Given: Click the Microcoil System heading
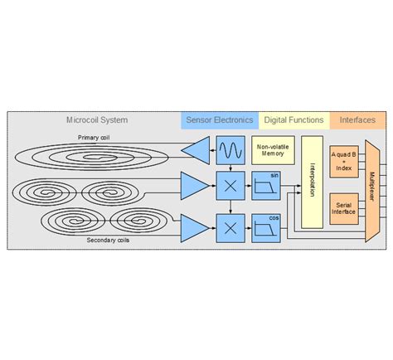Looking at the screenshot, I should point(97,120).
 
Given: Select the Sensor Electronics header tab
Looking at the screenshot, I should point(220,120).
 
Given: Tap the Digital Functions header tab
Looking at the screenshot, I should point(294,120).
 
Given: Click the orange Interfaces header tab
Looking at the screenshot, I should point(357,120).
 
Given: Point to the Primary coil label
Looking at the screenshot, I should point(94,137).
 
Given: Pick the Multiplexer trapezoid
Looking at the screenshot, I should point(372,190).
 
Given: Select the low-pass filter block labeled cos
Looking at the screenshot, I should point(266,226).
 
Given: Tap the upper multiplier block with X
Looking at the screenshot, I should point(229,185).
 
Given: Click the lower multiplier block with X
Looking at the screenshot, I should point(229,226).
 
